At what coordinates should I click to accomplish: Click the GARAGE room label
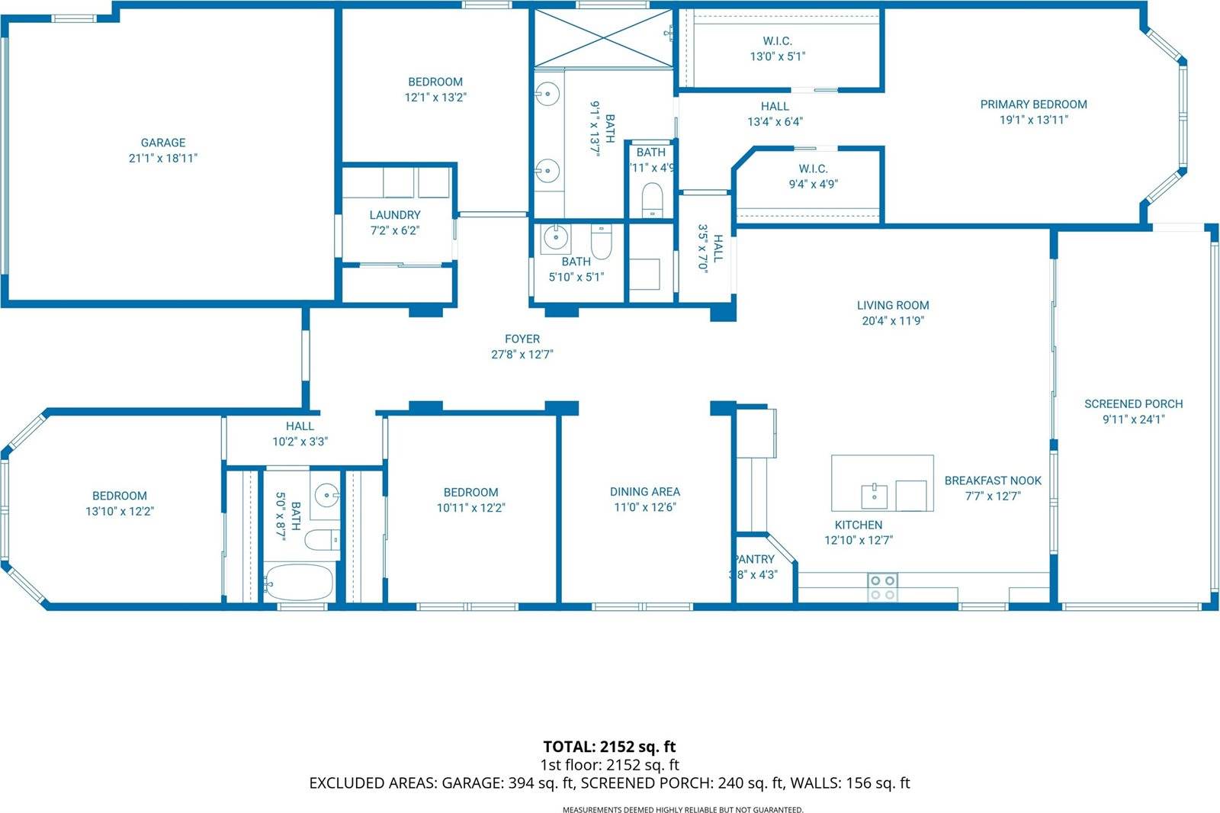click(x=163, y=143)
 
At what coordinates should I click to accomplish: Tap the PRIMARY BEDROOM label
click(x=1033, y=104)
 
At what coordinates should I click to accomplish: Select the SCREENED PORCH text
click(x=1133, y=403)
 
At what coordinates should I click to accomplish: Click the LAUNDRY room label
click(x=394, y=215)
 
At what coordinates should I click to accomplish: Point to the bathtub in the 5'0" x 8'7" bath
click(x=298, y=583)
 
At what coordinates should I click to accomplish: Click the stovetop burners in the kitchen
click(x=882, y=587)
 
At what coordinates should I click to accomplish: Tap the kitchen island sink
click(x=874, y=495)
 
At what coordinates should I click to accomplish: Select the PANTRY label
click(x=754, y=559)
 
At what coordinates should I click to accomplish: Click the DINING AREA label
click(x=644, y=492)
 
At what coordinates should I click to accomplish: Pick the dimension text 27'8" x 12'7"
click(x=522, y=354)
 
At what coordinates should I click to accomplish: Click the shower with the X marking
click(x=602, y=37)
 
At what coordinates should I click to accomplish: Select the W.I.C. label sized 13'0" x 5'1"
click(x=777, y=41)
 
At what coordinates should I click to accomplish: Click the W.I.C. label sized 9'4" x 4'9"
click(x=813, y=169)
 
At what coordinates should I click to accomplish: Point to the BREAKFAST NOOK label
click(x=992, y=480)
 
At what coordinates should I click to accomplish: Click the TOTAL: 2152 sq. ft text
click(x=609, y=747)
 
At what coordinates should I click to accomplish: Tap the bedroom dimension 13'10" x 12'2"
click(x=119, y=511)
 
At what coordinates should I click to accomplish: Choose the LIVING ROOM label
click(x=892, y=305)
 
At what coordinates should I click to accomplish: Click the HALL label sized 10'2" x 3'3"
click(x=300, y=426)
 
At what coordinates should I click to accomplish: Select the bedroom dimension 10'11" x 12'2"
click(x=470, y=507)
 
